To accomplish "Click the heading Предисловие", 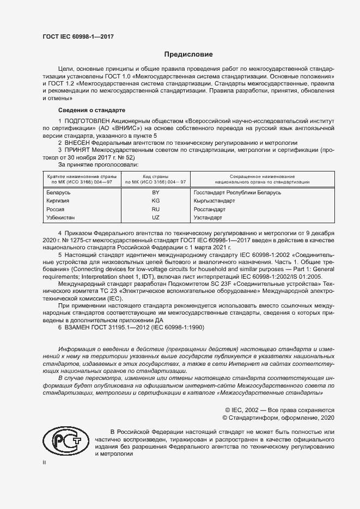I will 189,54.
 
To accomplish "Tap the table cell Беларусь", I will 59,193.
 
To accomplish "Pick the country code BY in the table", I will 155,193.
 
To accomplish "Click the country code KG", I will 155,201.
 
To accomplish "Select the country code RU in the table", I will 155,209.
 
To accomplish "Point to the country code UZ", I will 155,217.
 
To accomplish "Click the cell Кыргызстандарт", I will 214,201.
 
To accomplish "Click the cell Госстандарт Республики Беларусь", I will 237,193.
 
